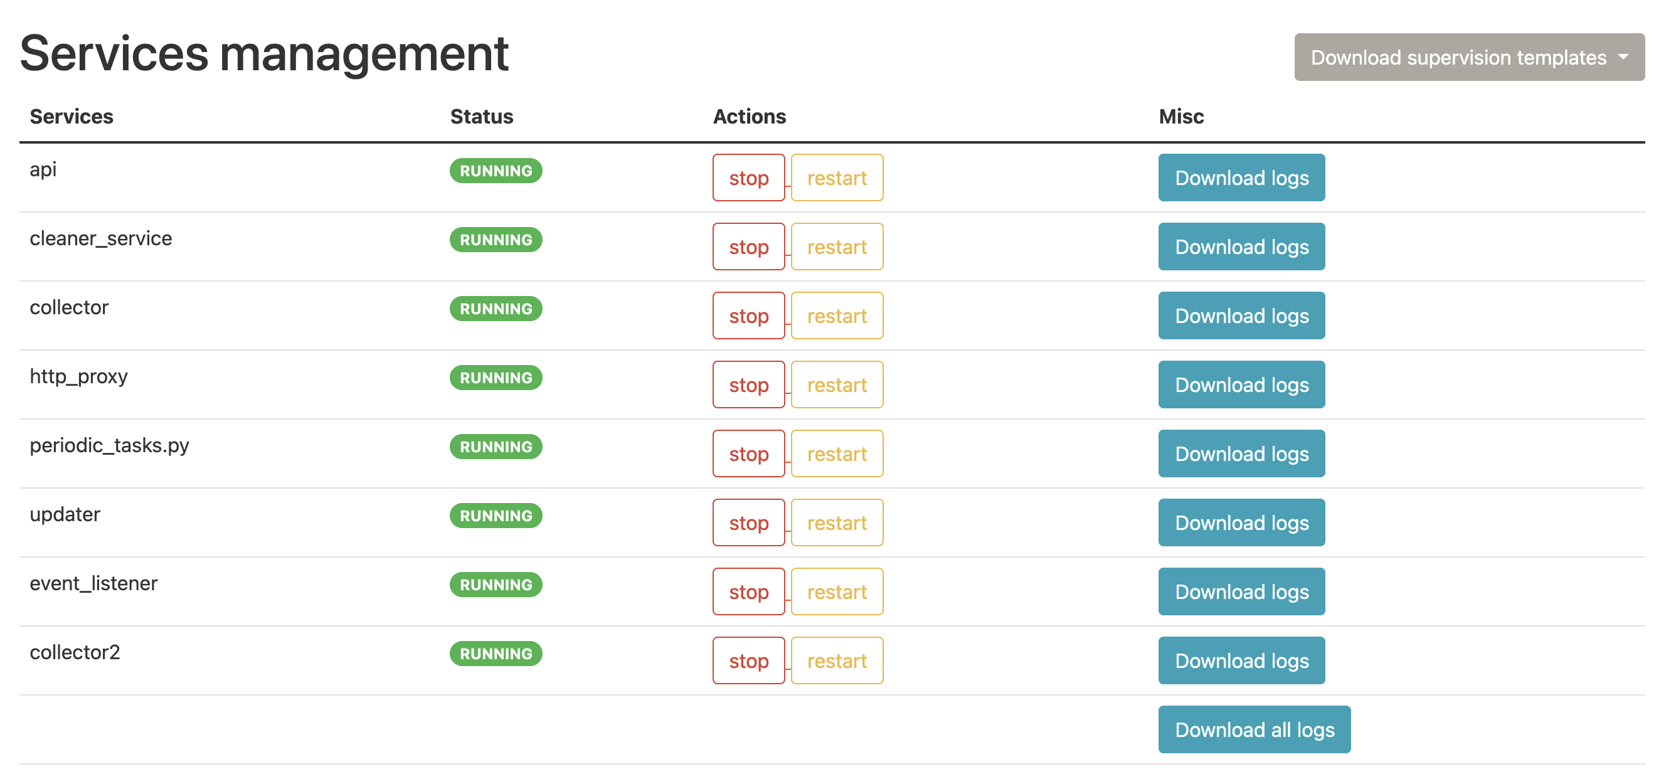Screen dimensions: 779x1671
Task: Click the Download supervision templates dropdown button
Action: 1468,57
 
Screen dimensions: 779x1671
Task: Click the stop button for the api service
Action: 748,178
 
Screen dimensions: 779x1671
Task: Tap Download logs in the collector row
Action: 1241,316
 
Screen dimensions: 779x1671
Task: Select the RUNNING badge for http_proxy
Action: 496,378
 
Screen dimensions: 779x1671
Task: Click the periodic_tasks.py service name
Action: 109,445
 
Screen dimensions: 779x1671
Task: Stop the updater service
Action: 748,523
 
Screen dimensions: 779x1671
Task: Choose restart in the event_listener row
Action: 836,591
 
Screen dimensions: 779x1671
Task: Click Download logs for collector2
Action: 1241,661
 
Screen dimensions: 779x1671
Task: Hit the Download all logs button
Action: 1254,729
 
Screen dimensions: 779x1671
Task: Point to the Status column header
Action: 481,117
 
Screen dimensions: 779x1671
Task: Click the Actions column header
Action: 749,117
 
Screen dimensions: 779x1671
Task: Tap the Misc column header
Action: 1180,117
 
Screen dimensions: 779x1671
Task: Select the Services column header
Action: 72,117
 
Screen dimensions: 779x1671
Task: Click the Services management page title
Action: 264,54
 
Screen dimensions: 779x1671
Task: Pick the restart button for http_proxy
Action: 836,384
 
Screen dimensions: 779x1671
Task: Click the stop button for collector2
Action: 748,661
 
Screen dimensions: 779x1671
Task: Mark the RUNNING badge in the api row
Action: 496,171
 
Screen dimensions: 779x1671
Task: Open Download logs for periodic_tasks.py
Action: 1241,454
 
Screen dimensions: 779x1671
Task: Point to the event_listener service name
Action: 93,584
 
